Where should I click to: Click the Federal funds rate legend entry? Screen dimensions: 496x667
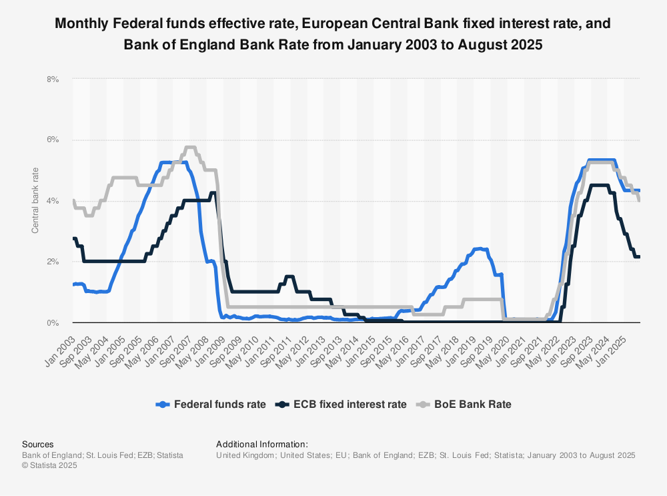click(x=219, y=404)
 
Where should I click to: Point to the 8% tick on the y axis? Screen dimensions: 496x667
click(x=53, y=79)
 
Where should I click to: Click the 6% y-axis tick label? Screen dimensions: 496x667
click(x=53, y=140)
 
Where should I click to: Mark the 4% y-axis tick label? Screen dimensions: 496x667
click(x=53, y=201)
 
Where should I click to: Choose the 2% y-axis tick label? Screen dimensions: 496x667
click(x=53, y=262)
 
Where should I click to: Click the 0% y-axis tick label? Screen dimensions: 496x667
click(x=53, y=323)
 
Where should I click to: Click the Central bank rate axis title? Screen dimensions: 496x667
click(x=35, y=201)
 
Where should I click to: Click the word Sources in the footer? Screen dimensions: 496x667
click(x=37, y=444)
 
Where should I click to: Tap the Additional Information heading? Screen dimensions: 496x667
click(x=261, y=444)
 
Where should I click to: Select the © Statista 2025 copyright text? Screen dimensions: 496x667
click(x=50, y=465)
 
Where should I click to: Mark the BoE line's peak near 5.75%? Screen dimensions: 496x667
click(x=189, y=147)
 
